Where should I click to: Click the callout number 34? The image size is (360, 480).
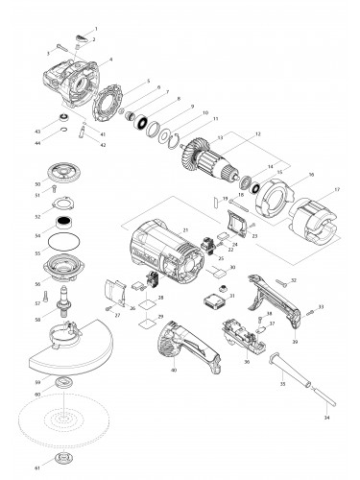tap(328, 419)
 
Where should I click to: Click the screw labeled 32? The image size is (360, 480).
tap(279, 281)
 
